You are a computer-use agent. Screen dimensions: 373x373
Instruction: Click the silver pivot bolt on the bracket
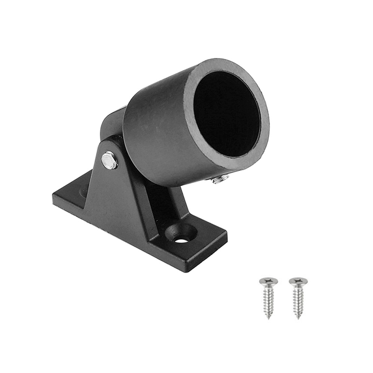[x=109, y=160]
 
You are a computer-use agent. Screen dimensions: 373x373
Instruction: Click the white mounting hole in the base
[x=182, y=240]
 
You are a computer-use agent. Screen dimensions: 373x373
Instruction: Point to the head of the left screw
[x=269, y=280]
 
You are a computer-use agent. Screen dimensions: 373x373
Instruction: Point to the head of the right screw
[x=298, y=281]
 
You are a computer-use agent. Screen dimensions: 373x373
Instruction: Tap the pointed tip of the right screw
[x=298, y=318]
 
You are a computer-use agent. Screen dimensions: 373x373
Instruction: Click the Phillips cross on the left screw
[x=269, y=279]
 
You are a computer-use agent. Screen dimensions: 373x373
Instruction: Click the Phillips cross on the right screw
[x=298, y=280]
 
